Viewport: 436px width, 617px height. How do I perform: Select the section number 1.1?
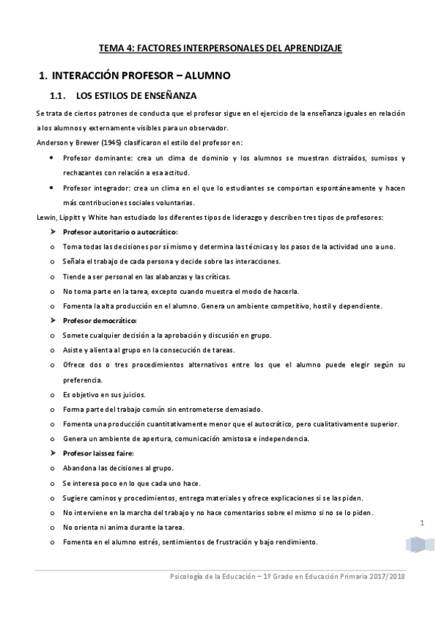[x=58, y=95]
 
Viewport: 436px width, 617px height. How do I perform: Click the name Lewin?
[x=45, y=218]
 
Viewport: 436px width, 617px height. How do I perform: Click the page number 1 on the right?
[x=422, y=523]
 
